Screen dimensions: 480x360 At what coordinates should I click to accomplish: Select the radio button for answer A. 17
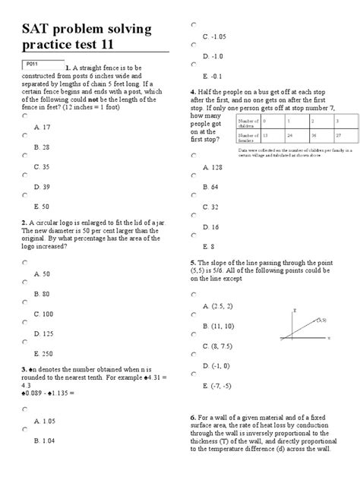[x=25, y=116]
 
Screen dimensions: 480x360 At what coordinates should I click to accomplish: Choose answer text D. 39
[x=43, y=185]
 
